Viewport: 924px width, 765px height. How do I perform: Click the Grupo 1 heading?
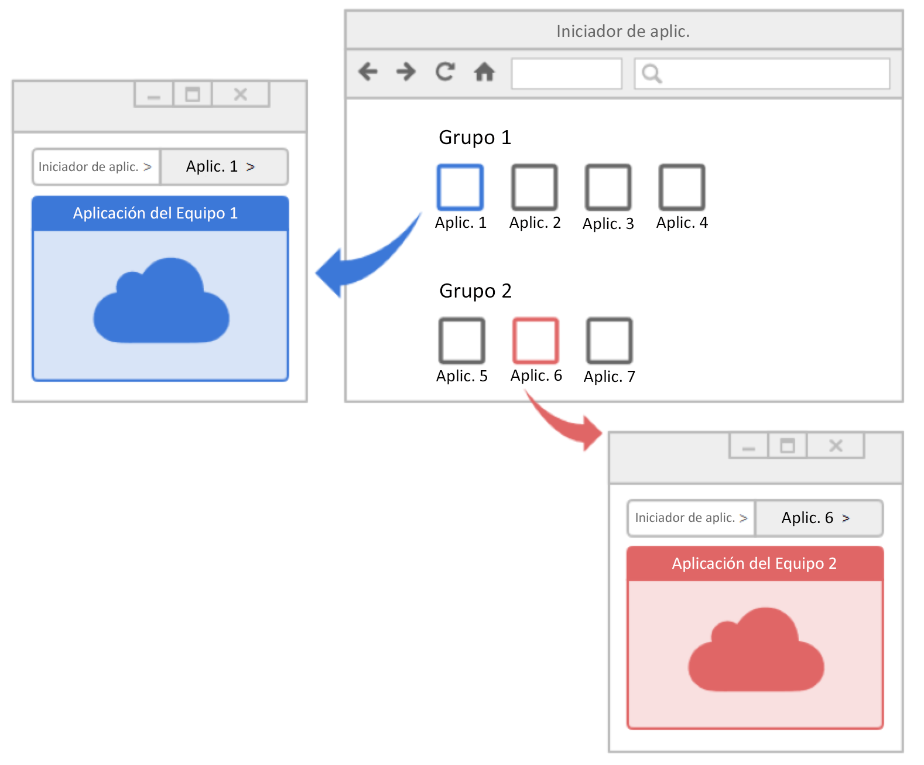coord(475,138)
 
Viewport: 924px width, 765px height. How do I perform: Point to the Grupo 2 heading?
coord(475,291)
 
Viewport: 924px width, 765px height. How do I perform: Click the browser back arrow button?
coord(368,71)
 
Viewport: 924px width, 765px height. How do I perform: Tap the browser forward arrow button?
coord(406,71)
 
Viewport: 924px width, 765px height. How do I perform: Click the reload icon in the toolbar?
coord(445,71)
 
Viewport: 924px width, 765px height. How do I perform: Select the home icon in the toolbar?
coord(485,71)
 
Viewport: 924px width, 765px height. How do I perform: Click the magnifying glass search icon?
coord(652,74)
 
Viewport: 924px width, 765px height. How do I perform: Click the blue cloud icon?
coord(161,300)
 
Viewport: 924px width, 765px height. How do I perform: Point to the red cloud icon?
coord(757,650)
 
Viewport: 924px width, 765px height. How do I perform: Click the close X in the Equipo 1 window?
coord(241,94)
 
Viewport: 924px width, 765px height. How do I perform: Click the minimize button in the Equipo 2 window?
coord(749,446)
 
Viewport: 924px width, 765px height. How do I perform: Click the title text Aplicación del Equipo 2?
coord(755,563)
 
